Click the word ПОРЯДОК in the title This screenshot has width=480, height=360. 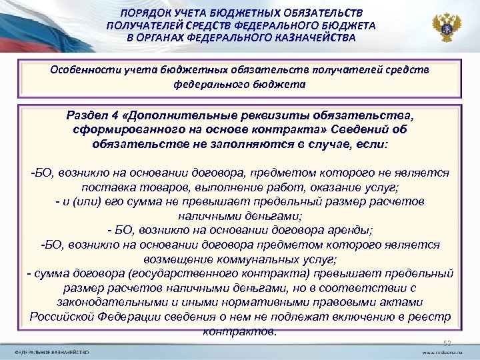[x=143, y=13]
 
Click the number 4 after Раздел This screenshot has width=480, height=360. [x=115, y=114]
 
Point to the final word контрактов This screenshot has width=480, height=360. [x=240, y=331]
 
